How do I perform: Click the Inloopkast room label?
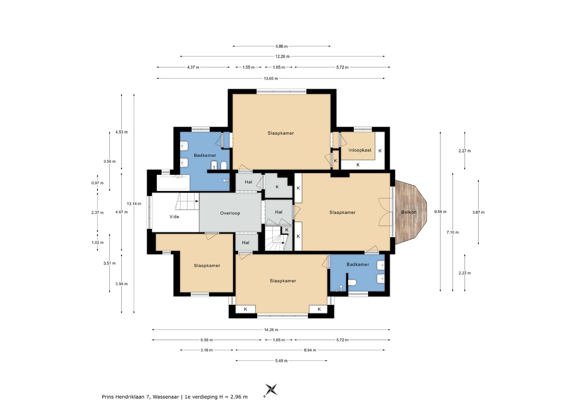(x=360, y=150)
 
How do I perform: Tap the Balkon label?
(x=409, y=212)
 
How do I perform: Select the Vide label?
(x=174, y=217)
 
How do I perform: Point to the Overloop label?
(x=230, y=213)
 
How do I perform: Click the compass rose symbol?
(x=271, y=390)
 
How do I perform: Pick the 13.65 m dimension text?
(x=271, y=79)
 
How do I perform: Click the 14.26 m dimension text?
(x=271, y=330)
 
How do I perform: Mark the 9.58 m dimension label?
(x=440, y=212)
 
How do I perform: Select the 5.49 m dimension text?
(x=281, y=361)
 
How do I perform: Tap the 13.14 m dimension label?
(x=134, y=203)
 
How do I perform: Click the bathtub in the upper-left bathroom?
(x=173, y=182)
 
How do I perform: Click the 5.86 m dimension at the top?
(x=281, y=46)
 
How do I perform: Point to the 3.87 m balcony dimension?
(x=478, y=212)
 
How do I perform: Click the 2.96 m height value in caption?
(x=239, y=397)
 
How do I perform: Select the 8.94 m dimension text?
(x=310, y=350)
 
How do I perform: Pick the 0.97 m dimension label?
(x=97, y=183)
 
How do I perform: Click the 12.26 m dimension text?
(x=282, y=56)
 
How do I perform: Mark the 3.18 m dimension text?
(x=206, y=350)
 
